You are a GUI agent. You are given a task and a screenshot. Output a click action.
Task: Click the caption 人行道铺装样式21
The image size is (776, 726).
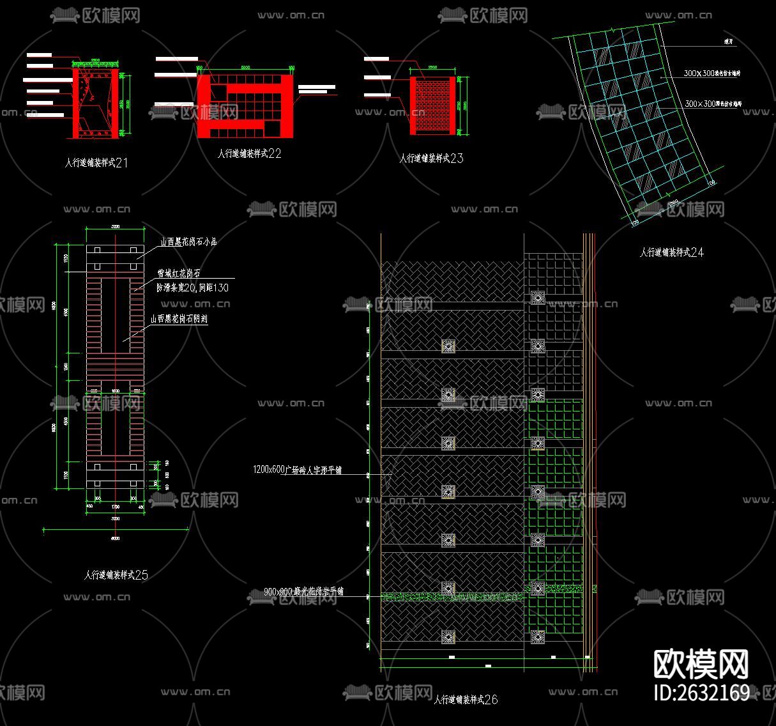[96, 163]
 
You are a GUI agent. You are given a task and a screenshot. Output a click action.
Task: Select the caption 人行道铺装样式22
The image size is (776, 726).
[250, 154]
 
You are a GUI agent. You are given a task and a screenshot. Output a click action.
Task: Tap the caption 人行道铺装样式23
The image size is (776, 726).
[432, 158]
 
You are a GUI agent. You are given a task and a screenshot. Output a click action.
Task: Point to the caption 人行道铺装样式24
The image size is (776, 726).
[672, 252]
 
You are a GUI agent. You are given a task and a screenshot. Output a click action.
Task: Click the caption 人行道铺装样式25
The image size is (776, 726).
[116, 575]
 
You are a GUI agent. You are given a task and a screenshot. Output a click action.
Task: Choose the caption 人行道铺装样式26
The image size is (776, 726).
[466, 700]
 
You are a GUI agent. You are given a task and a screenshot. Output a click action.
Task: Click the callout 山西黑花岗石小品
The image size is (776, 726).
[188, 242]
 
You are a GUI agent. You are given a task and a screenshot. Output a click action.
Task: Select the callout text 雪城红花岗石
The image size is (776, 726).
[179, 274]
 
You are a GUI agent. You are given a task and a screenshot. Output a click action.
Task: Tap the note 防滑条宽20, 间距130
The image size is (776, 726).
[192, 288]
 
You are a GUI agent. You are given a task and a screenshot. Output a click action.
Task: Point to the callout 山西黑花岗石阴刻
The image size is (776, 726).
[179, 319]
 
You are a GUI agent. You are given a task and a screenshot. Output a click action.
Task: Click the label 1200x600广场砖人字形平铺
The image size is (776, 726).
[298, 470]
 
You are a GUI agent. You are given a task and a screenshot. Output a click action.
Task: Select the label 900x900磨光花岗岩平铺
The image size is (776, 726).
[304, 592]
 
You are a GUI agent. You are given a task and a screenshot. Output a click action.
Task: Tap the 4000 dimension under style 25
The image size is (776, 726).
[115, 539]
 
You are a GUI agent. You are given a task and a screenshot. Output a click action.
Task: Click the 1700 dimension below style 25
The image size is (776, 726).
[116, 507]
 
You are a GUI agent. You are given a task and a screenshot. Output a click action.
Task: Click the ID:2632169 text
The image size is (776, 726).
[702, 693]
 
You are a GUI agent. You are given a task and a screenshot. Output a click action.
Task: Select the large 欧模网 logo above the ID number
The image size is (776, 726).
[701, 665]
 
